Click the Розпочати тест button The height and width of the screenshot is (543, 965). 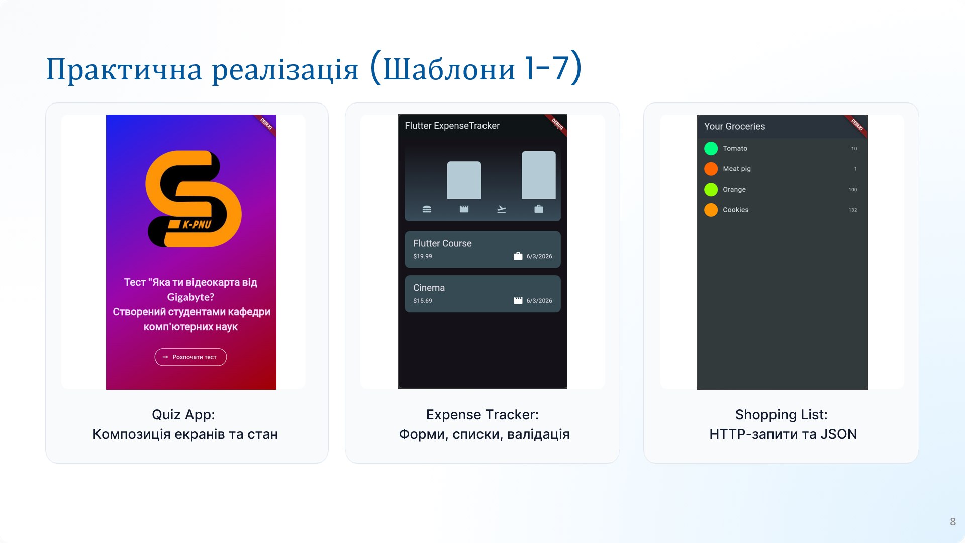[x=190, y=357]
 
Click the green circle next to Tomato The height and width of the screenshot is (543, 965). [x=711, y=148]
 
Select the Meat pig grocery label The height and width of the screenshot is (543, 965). [x=737, y=169]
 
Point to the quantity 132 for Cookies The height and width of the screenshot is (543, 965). [x=853, y=210]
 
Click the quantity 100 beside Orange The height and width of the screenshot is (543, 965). [x=853, y=190]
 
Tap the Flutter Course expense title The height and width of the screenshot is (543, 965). [x=442, y=243]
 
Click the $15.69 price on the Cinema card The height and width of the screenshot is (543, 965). [x=423, y=301]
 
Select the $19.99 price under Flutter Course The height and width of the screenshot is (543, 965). [x=423, y=256]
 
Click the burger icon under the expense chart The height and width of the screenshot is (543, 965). [x=427, y=209]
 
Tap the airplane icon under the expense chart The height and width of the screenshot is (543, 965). [x=502, y=209]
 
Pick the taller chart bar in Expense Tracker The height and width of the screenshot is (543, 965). [x=539, y=175]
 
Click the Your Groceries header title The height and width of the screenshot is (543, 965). [x=734, y=126]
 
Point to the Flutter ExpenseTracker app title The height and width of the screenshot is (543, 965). [x=452, y=126]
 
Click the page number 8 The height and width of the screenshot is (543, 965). [x=953, y=522]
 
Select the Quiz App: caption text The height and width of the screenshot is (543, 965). [x=183, y=415]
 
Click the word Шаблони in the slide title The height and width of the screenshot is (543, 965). [x=449, y=69]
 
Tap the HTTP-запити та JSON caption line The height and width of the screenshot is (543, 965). [x=783, y=434]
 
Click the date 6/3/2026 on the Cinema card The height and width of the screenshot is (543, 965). [x=539, y=301]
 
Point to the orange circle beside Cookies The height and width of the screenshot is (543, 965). [x=711, y=210]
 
